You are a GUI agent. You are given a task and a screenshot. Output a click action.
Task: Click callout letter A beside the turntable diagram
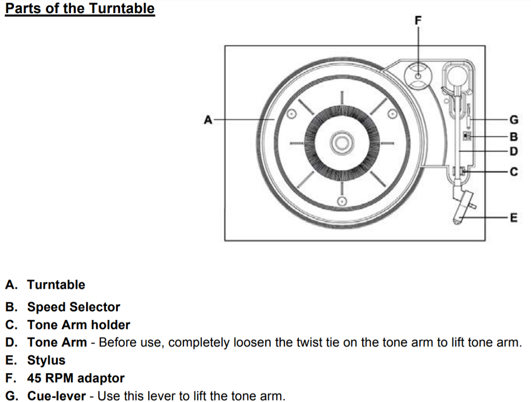point(208,119)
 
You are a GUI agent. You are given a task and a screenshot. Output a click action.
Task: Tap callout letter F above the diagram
point(419,20)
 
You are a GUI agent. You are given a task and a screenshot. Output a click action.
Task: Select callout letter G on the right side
point(513,119)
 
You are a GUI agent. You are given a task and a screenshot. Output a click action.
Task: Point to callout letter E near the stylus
point(513,218)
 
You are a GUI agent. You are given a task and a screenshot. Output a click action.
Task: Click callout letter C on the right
point(513,172)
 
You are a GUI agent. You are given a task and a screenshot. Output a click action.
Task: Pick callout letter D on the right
point(513,152)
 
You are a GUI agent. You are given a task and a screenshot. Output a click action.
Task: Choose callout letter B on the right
point(513,136)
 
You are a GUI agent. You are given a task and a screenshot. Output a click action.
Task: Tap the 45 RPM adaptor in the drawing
point(419,76)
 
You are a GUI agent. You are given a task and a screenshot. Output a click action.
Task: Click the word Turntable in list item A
point(56,285)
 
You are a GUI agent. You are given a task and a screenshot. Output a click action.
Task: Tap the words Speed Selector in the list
point(74,307)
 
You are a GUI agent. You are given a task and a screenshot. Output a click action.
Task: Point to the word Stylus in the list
point(46,360)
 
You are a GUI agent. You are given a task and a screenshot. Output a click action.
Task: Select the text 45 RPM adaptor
point(76,378)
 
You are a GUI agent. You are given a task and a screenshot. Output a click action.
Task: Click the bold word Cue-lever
point(56,397)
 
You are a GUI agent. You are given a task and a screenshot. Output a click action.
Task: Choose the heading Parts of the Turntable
point(80,9)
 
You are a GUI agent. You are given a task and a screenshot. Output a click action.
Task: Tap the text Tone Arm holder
point(78,325)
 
